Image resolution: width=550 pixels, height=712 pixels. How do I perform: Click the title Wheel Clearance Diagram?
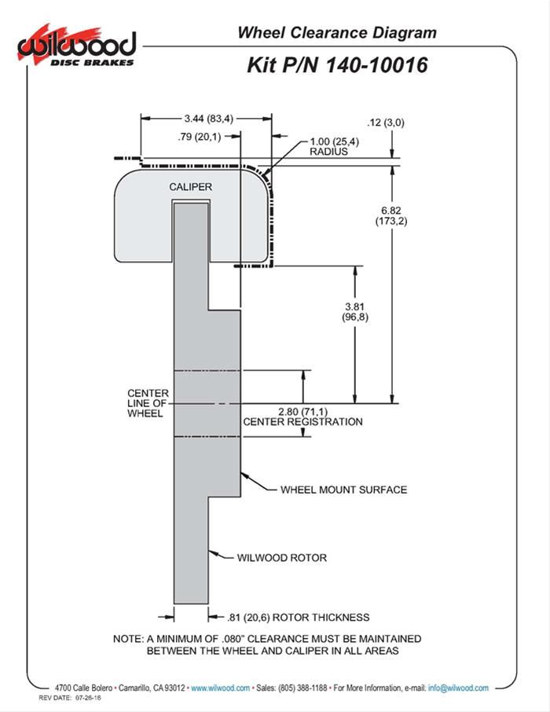[337, 32]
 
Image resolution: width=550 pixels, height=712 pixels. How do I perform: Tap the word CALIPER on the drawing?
[191, 186]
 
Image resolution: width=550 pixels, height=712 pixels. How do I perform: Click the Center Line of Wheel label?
[145, 403]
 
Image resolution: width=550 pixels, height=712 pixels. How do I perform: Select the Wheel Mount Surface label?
[343, 490]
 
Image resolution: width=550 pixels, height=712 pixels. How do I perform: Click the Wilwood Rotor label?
[281, 558]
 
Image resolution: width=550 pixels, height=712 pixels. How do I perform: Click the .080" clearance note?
[266, 644]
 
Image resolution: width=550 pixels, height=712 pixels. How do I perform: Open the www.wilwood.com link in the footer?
[221, 688]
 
